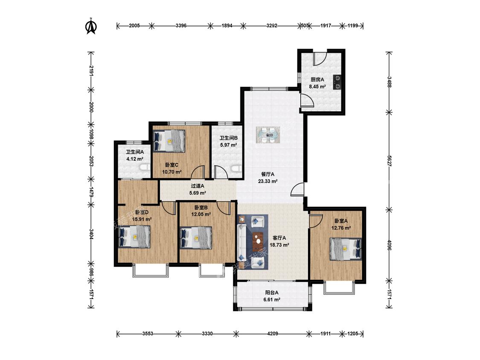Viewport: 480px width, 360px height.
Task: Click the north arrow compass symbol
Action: [x=90, y=26]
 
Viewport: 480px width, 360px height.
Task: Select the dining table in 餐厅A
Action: [x=268, y=135]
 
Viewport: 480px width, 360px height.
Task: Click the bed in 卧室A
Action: [x=346, y=249]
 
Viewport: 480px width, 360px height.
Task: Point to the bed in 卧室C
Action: [x=169, y=141]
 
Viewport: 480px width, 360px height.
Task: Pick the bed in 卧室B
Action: [x=196, y=238]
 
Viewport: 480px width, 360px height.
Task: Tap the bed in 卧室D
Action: [x=134, y=237]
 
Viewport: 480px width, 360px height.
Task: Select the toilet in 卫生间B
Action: [x=236, y=169]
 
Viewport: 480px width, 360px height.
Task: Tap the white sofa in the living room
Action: [x=242, y=242]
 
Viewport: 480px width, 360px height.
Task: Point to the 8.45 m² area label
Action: [x=317, y=87]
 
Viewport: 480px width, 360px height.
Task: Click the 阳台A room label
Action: [x=272, y=292]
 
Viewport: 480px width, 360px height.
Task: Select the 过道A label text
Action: [x=198, y=186]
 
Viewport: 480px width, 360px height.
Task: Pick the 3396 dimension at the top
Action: [x=181, y=26]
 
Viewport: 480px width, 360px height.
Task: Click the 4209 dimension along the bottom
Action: [x=273, y=334]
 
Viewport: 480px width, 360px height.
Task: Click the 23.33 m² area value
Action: [x=268, y=181]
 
